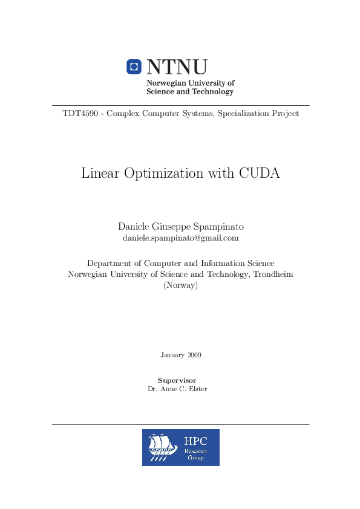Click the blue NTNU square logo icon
(134, 66)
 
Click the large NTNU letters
(177, 66)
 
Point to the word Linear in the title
(100, 173)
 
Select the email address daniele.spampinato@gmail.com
(180, 238)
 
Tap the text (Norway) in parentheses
(180, 285)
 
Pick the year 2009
(194, 355)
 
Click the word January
(172, 355)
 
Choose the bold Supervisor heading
(180, 380)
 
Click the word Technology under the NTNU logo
(212, 92)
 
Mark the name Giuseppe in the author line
(171, 227)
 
